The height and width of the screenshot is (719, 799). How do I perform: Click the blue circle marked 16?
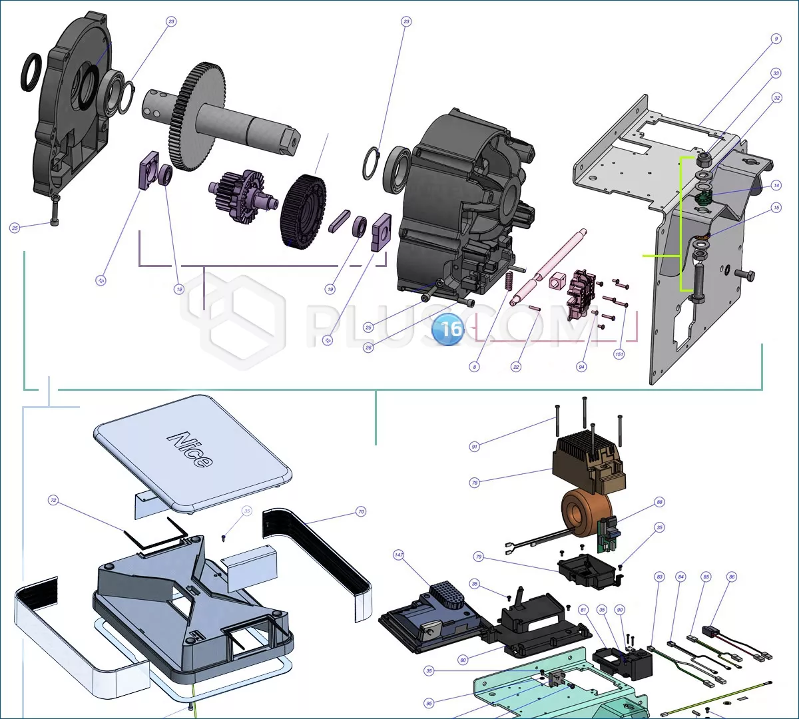(451, 330)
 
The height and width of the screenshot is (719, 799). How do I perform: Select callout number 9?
(776, 39)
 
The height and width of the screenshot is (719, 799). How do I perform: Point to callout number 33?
(776, 73)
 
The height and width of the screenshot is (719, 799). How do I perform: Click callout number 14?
(776, 185)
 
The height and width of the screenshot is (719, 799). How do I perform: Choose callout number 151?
(619, 355)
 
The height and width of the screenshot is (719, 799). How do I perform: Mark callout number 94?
(582, 367)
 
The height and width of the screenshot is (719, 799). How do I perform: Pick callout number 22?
(516, 367)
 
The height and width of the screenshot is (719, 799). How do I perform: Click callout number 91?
(474, 447)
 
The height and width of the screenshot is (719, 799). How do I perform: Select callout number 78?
(475, 483)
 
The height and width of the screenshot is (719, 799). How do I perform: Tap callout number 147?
(399, 555)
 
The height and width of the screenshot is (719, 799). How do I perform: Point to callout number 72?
(53, 500)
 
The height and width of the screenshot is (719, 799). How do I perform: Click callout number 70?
(361, 512)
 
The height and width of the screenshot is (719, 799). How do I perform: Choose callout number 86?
(732, 577)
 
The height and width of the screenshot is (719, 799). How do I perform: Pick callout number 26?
(368, 348)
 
